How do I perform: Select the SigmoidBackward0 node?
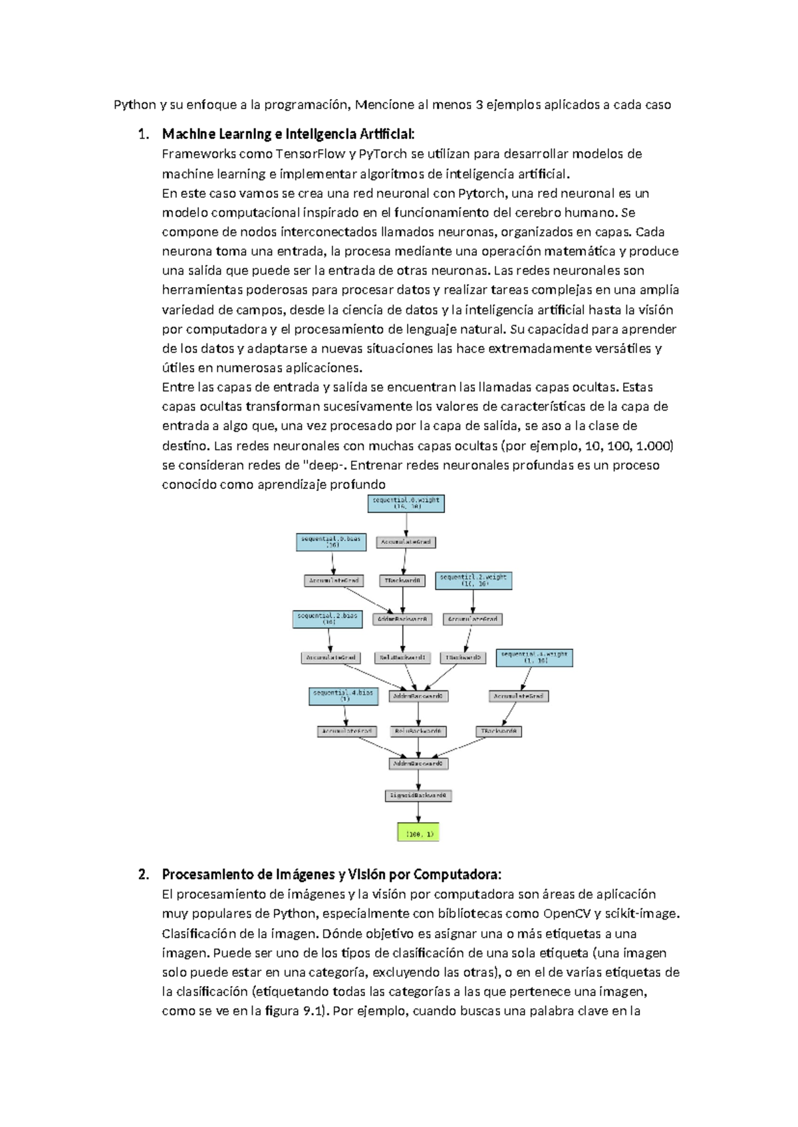418,795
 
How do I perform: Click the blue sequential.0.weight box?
406,503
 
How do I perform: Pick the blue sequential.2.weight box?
473,580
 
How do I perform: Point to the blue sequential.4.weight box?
535,657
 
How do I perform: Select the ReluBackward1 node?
402,657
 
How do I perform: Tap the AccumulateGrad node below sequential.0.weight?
406,542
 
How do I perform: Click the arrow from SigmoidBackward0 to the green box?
418,812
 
